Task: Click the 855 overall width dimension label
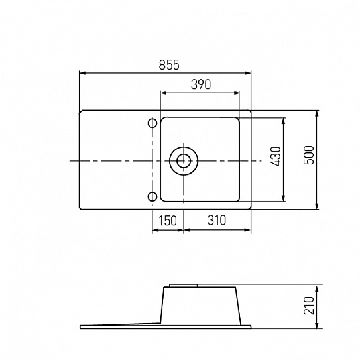tap(169, 65)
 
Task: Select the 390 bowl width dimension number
tap(201, 84)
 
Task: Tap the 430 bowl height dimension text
tap(276, 156)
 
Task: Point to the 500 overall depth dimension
tap(308, 155)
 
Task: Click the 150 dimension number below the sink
tap(168, 221)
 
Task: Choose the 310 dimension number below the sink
tap(217, 220)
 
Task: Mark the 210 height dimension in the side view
tap(308, 306)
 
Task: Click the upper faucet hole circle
tap(152, 123)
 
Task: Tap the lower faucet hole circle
tap(152, 197)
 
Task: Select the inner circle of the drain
tap(184, 161)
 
